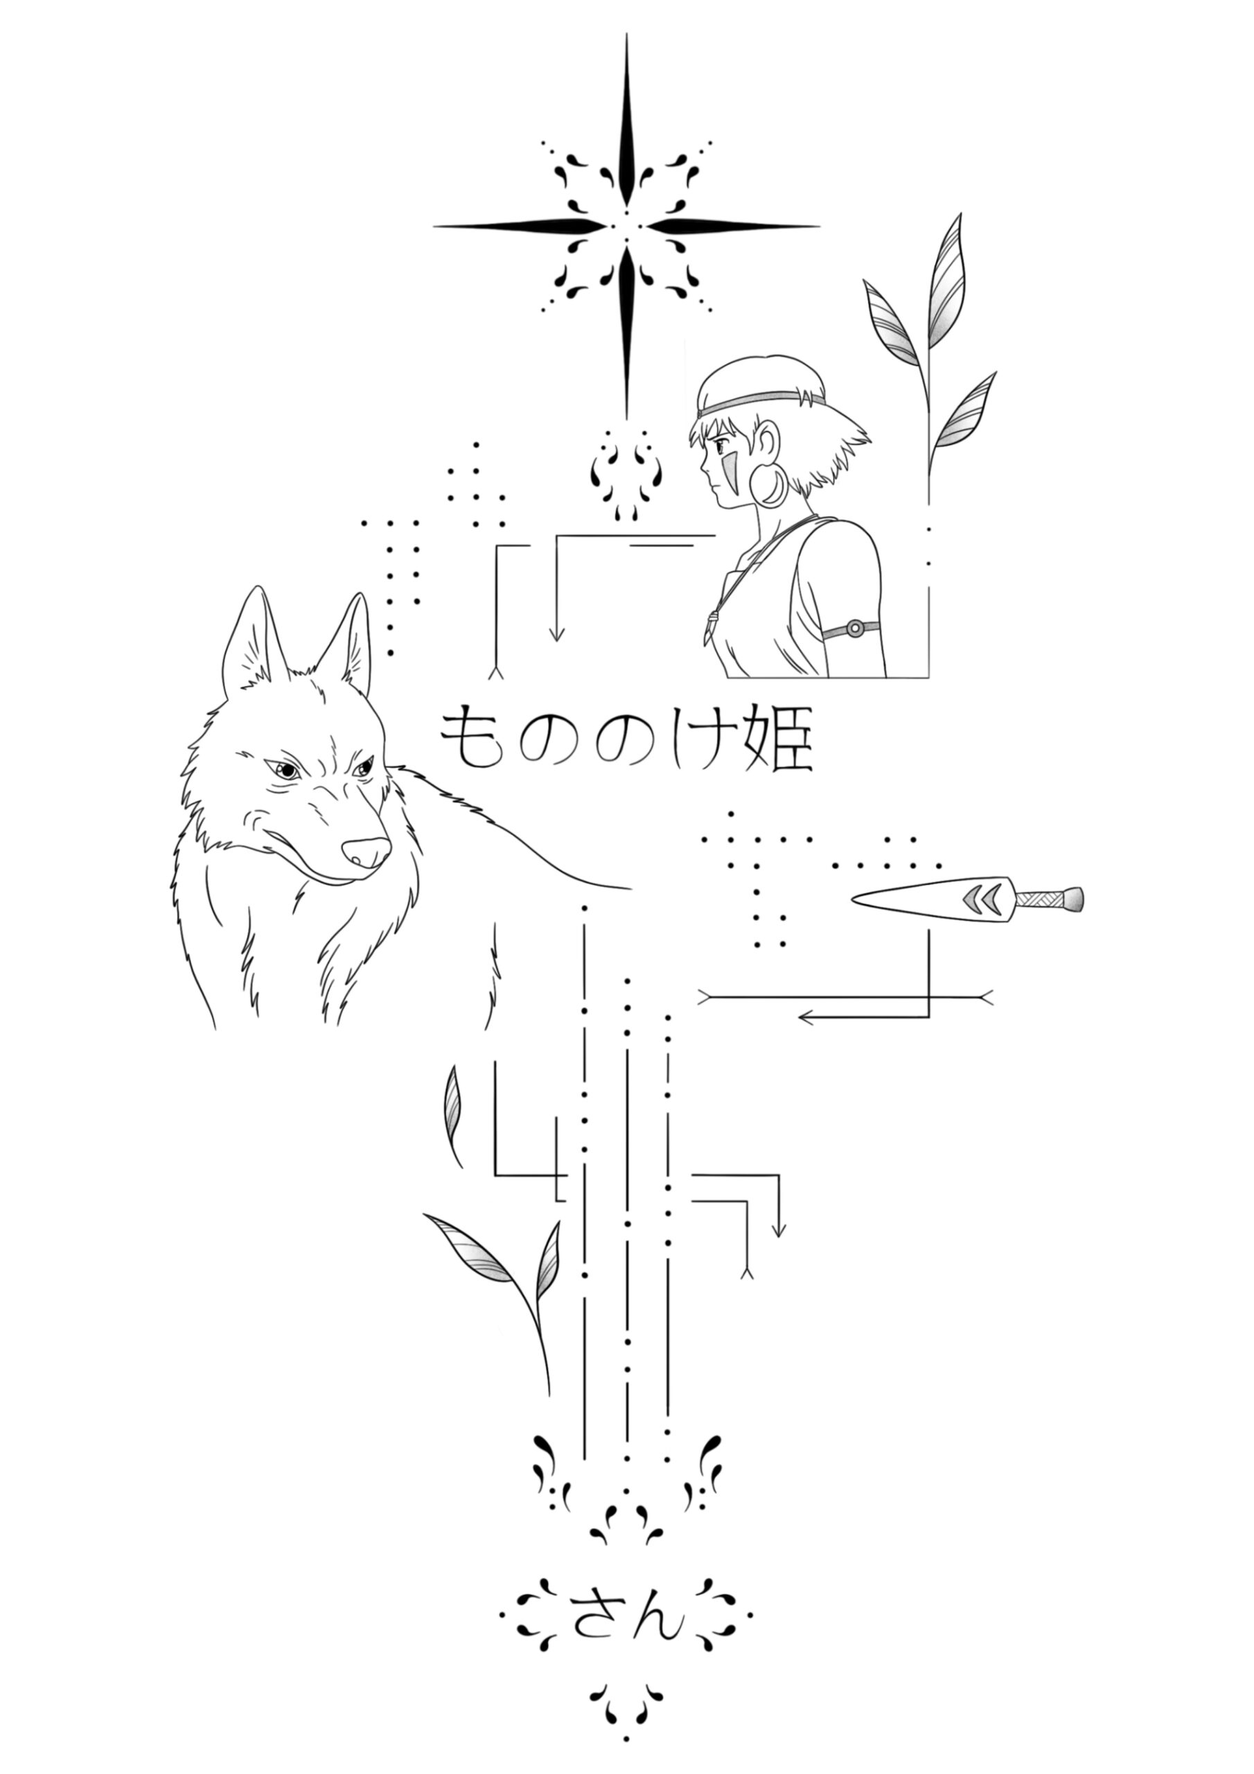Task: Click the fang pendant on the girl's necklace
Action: coord(710,626)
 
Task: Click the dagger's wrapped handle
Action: coord(1048,898)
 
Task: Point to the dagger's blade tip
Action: coord(853,899)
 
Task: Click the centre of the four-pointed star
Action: coord(626,227)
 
